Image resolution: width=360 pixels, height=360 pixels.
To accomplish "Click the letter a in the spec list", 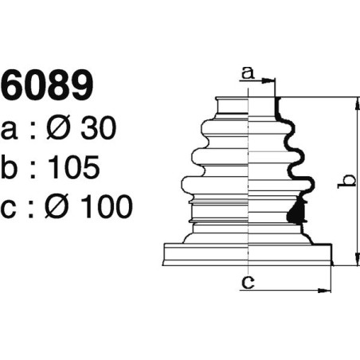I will pyautogui.click(x=10, y=129).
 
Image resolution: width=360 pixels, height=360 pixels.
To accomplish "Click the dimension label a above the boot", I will pyautogui.click(x=247, y=73).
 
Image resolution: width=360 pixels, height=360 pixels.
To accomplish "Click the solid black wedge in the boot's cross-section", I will pyautogui.click(x=296, y=211).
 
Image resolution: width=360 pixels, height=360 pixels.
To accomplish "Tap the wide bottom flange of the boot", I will pyautogui.click(x=247, y=254).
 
